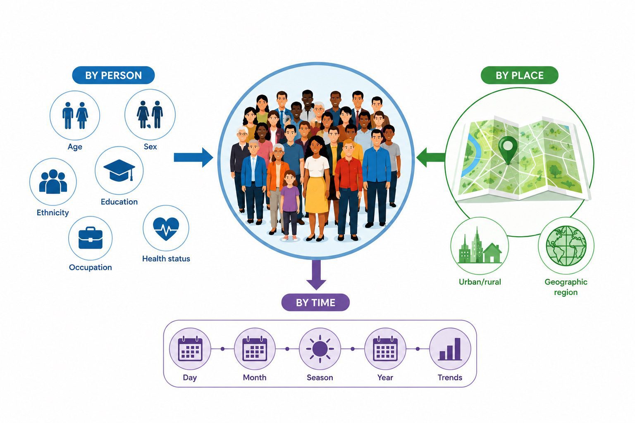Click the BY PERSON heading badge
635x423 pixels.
tap(113, 75)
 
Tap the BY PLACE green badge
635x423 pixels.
tap(520, 75)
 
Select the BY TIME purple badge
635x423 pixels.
tap(315, 302)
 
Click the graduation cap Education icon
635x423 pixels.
tap(119, 170)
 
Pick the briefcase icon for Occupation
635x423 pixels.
tap(91, 238)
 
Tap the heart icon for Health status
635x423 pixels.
tap(166, 228)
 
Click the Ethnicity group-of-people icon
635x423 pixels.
tap(53, 182)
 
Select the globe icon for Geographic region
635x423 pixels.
tap(566, 246)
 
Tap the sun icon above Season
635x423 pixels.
tap(320, 349)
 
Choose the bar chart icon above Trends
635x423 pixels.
tap(450, 349)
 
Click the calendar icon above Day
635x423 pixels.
tap(190, 349)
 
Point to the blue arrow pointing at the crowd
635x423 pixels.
tap(193, 157)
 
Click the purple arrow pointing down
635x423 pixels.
tap(316, 275)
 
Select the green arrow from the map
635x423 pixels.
tap(431, 157)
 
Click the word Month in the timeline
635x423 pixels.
tap(255, 378)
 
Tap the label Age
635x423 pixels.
tap(75, 147)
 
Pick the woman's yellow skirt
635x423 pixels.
tap(317, 195)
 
